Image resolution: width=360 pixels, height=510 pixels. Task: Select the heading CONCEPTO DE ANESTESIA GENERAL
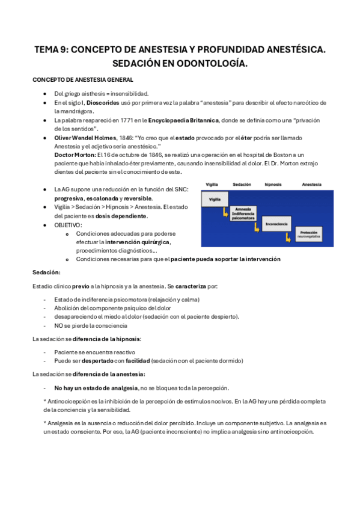tap(83, 80)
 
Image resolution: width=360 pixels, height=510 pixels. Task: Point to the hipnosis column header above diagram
tap(276, 185)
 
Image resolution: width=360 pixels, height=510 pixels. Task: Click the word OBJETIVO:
tap(68, 225)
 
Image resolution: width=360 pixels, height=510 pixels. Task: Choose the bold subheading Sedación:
tap(46, 272)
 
